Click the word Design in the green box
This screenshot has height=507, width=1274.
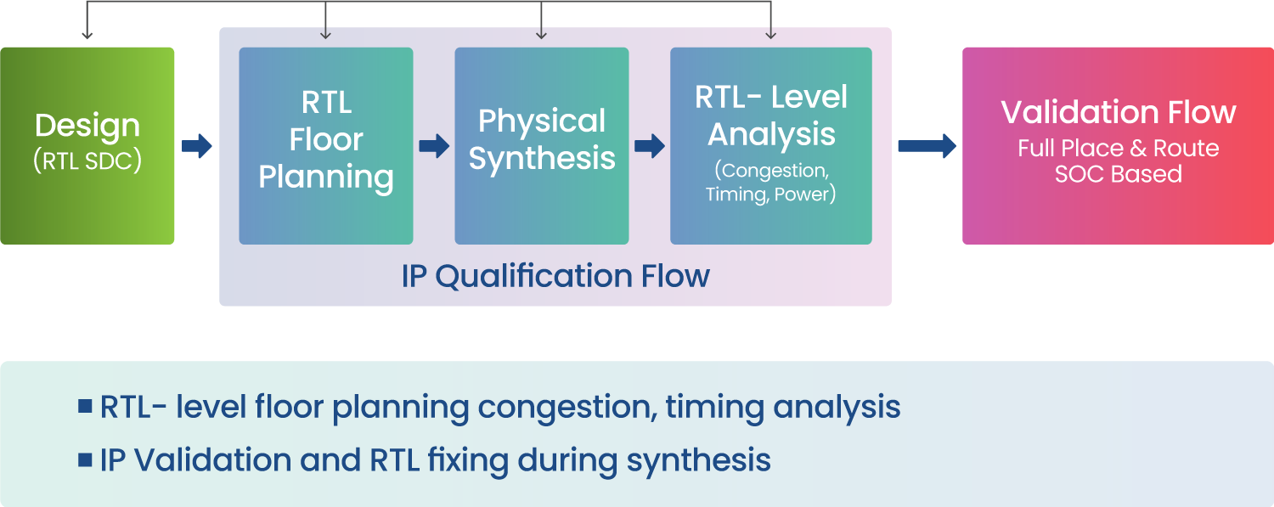click(87, 127)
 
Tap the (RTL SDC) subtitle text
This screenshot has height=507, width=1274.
click(87, 161)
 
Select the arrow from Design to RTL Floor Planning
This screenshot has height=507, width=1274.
click(197, 146)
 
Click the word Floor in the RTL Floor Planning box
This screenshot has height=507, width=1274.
click(326, 139)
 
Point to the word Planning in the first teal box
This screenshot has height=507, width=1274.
click(326, 177)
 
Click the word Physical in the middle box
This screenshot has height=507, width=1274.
click(542, 121)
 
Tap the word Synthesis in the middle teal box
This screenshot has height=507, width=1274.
click(542, 159)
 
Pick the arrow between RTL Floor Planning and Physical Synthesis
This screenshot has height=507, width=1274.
click(435, 146)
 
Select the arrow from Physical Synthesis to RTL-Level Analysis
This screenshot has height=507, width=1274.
click(650, 146)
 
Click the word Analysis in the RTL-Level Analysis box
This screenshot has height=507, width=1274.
click(771, 135)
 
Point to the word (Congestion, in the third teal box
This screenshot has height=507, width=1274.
click(771, 171)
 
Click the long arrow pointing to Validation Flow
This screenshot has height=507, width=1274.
click(927, 146)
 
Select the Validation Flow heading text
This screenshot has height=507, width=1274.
click(1119, 113)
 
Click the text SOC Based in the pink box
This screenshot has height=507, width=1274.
click(1119, 174)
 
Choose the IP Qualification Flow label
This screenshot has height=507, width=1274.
click(555, 276)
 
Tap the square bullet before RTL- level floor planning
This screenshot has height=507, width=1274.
click(85, 406)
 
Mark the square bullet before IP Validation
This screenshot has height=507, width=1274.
click(85, 459)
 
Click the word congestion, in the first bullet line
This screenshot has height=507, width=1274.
click(567, 408)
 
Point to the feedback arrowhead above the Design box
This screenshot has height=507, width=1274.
click(87, 35)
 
